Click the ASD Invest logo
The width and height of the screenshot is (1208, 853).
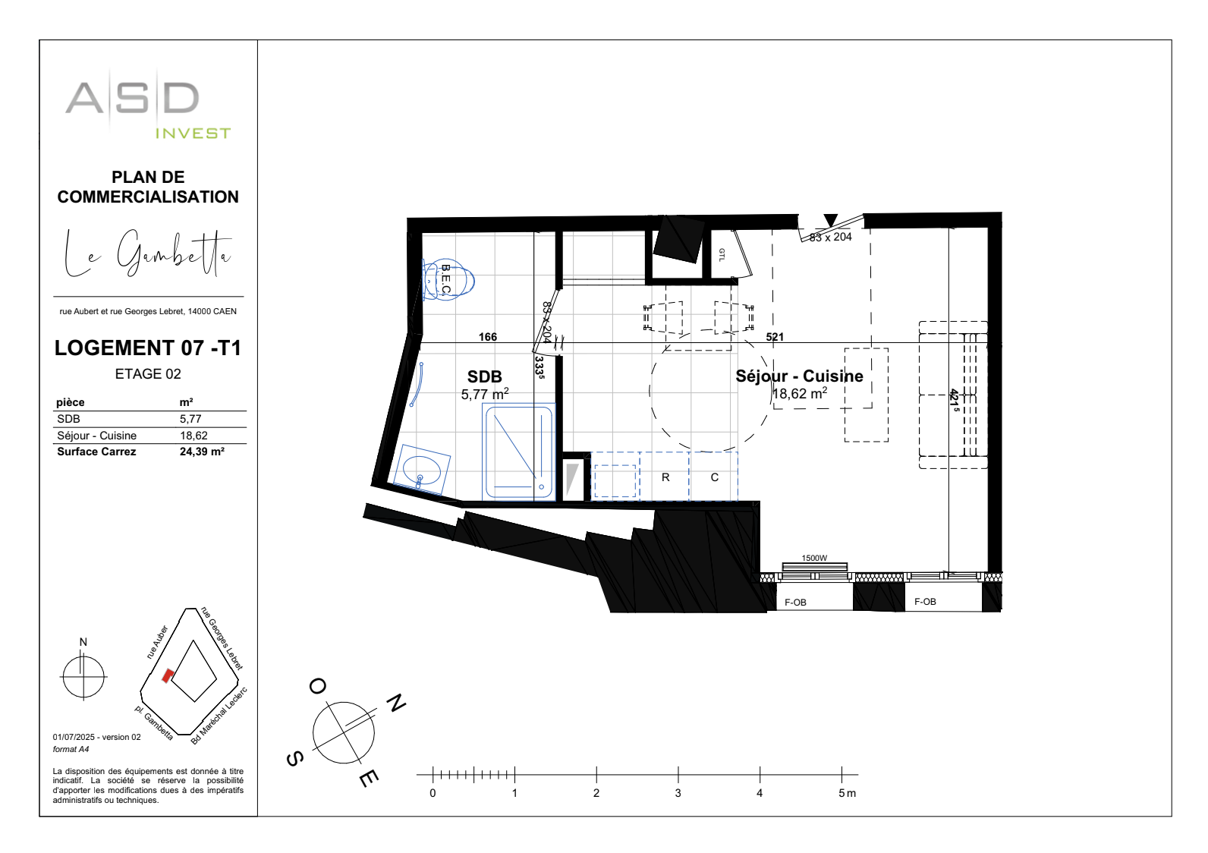(147, 106)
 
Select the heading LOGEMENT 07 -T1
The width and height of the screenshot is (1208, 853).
(148, 348)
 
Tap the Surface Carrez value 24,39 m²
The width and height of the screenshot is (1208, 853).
(202, 452)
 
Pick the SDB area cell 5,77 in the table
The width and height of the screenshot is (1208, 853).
(190, 419)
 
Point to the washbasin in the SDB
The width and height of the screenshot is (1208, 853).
(422, 469)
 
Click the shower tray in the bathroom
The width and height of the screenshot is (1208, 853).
(520, 452)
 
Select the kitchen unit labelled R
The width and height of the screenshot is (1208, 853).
(665, 477)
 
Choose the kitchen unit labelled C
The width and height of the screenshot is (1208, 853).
(714, 477)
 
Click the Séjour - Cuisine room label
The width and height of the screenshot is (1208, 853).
(799, 376)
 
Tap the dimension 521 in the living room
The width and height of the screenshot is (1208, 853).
(775, 337)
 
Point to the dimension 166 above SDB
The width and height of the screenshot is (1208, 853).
(488, 337)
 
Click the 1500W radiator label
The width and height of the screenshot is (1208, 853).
(814, 558)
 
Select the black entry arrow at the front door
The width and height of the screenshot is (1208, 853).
(831, 220)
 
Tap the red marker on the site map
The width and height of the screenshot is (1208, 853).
(168, 675)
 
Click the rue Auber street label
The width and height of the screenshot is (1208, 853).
(157, 642)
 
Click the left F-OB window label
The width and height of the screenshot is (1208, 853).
(795, 603)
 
